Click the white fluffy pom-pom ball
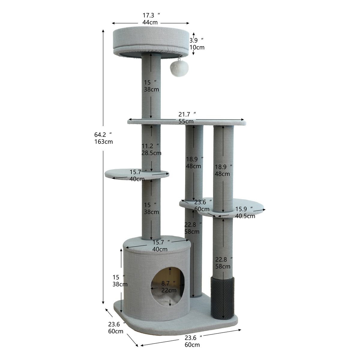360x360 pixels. [179, 69]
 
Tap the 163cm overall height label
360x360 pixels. [103, 142]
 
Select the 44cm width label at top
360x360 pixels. [150, 22]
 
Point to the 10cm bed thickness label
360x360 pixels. [197, 47]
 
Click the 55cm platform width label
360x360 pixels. [186, 121]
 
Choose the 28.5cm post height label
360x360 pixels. [151, 153]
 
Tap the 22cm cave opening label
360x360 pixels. [169, 290]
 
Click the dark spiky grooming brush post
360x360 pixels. [222, 298]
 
